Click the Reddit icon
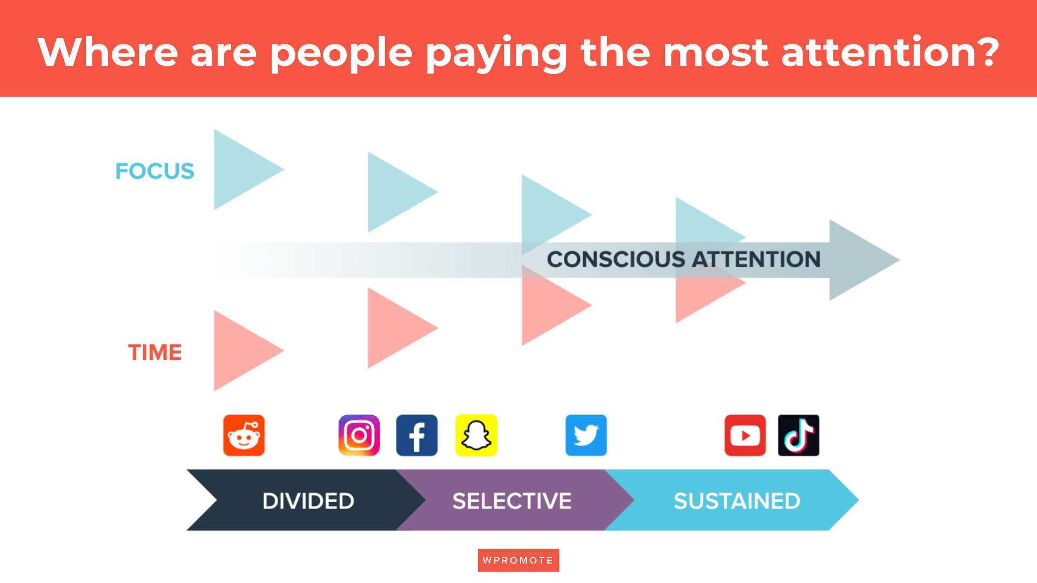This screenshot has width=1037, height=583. tap(244, 436)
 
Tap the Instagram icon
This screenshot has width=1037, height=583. tap(359, 436)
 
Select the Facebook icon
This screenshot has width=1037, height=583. tap(417, 436)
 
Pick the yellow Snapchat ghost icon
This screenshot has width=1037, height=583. tap(476, 436)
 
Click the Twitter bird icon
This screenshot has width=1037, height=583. tap(586, 436)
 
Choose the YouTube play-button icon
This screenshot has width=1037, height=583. tap(745, 436)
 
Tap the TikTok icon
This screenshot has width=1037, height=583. tap(798, 436)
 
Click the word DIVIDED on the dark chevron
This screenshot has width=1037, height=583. tap(308, 501)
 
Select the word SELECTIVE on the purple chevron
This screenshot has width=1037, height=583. tap(512, 501)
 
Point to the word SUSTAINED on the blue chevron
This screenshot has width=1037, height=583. tap(737, 501)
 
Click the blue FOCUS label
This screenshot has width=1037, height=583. tap(154, 171)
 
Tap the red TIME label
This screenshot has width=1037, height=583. tap(154, 352)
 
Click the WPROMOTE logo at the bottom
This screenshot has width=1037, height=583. tap(518, 560)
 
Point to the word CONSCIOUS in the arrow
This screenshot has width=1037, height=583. tap(616, 260)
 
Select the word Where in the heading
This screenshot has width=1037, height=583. tap(108, 52)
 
